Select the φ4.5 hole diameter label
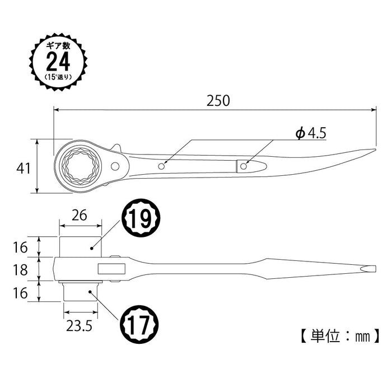pos(310,133)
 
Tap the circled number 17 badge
pos(140,324)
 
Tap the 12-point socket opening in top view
pos(78,165)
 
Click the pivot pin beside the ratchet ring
pos(116,166)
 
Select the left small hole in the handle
pos(162,166)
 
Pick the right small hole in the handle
pos(244,166)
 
